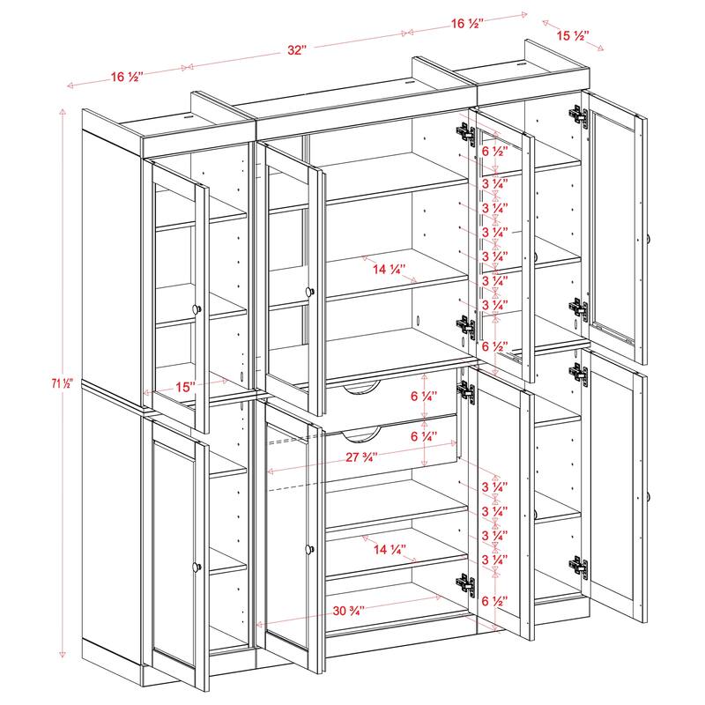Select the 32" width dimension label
click(x=296, y=50)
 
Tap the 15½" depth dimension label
click(x=573, y=36)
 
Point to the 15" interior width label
click(x=186, y=386)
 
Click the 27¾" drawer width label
click(x=365, y=458)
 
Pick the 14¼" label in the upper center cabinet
click(x=389, y=269)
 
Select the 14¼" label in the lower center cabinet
click(x=389, y=549)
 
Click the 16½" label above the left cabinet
click(x=128, y=78)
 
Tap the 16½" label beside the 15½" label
click(x=468, y=24)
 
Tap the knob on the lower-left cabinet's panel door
click(x=197, y=565)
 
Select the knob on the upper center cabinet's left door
click(x=309, y=292)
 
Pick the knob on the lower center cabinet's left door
click(x=309, y=549)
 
